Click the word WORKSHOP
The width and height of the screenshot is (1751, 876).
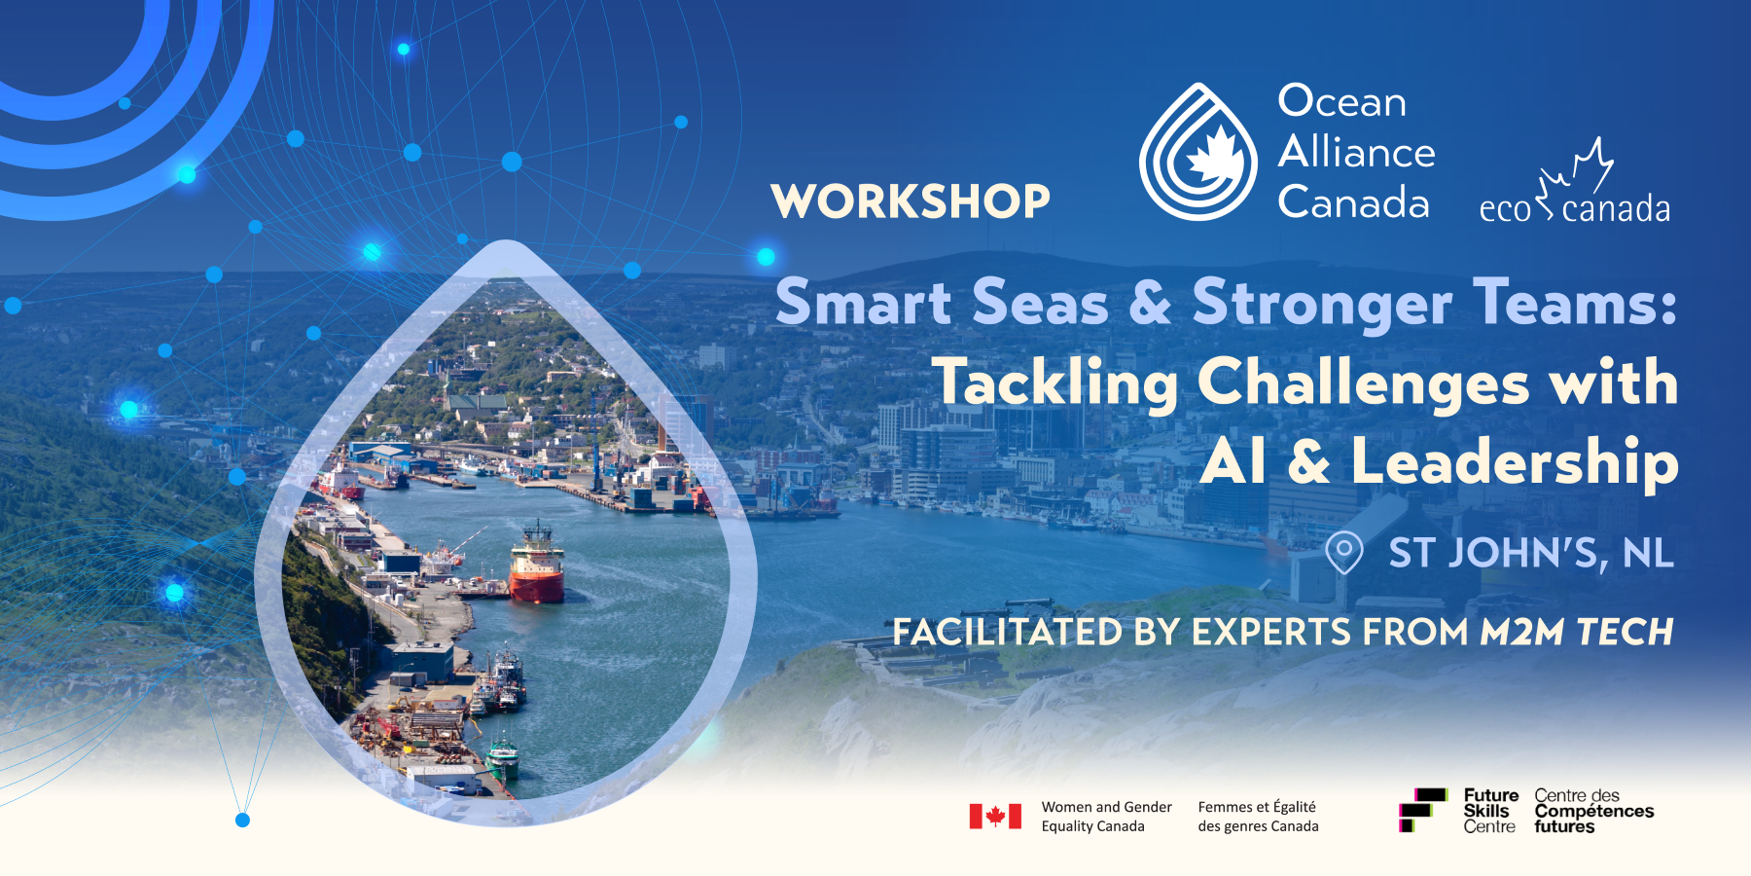pyautogui.click(x=911, y=201)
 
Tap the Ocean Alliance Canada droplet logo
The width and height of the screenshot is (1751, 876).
pyautogui.click(x=1198, y=153)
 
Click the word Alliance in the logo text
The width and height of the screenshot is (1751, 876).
pyautogui.click(x=1356, y=152)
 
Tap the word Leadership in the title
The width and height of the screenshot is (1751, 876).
pyautogui.click(x=1514, y=461)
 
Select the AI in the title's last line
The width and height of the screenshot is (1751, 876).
pyautogui.click(x=1233, y=461)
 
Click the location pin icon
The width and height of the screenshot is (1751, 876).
pyautogui.click(x=1343, y=552)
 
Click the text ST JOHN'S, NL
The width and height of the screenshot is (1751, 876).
pyautogui.click(x=1531, y=553)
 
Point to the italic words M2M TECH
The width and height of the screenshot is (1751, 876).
pyautogui.click(x=1576, y=633)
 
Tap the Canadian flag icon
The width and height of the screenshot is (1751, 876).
pyautogui.click(x=995, y=816)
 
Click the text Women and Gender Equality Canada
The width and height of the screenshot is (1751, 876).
pyautogui.click(x=1106, y=817)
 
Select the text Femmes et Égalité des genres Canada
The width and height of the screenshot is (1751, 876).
pyautogui.click(x=1258, y=817)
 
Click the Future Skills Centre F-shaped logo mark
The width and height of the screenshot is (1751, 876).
pyautogui.click(x=1421, y=810)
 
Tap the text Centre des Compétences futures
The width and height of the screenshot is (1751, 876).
pyautogui.click(x=1593, y=811)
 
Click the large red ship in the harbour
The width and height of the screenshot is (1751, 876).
pyautogui.click(x=537, y=569)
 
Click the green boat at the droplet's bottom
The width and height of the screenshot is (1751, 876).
pyautogui.click(x=503, y=758)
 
